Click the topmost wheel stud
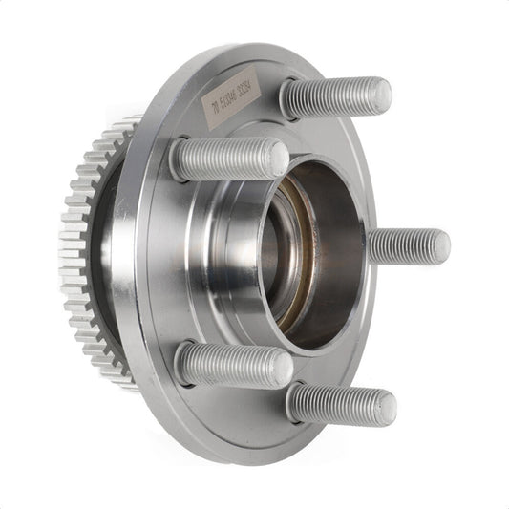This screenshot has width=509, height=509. pos(334,97)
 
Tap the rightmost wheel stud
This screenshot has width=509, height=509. pos(409,245)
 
